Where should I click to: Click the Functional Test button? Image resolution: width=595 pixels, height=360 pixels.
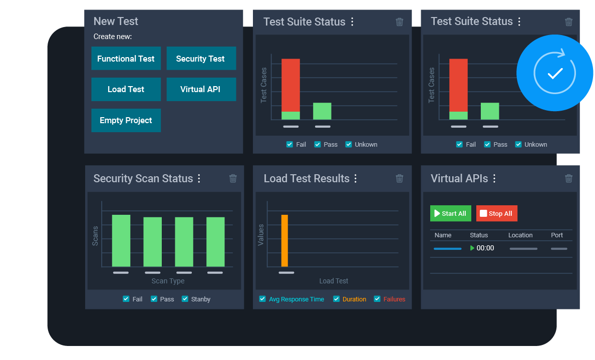point(126,59)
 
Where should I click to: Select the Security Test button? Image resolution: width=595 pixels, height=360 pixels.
point(201,59)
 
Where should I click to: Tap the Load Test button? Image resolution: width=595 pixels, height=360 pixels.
point(126,89)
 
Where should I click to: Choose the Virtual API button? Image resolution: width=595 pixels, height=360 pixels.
point(201,89)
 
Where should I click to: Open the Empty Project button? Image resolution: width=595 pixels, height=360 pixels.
point(126,120)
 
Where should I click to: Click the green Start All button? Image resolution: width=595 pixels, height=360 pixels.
point(450,213)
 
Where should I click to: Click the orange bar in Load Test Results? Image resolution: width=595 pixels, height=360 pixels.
point(284,241)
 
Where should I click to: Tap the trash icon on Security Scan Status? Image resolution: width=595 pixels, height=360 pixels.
point(233,178)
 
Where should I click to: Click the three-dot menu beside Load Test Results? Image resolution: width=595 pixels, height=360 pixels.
point(356,178)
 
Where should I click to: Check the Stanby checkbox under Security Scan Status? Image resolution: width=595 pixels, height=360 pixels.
point(185,299)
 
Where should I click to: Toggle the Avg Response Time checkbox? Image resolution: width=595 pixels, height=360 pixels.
point(262,299)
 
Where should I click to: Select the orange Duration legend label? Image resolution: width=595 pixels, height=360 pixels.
point(354,299)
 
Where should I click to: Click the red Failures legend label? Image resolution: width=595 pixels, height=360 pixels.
point(394,299)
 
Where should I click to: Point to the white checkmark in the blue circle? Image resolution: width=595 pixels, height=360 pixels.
point(555,74)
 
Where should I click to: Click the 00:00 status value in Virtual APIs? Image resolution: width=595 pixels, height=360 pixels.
point(485,248)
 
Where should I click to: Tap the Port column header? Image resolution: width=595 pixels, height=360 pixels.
point(557,235)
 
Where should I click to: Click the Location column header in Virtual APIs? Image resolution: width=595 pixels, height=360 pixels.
point(520,235)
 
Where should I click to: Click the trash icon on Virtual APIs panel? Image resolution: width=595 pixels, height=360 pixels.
point(568,178)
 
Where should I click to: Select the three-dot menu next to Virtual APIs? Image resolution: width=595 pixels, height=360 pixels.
point(494,178)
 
